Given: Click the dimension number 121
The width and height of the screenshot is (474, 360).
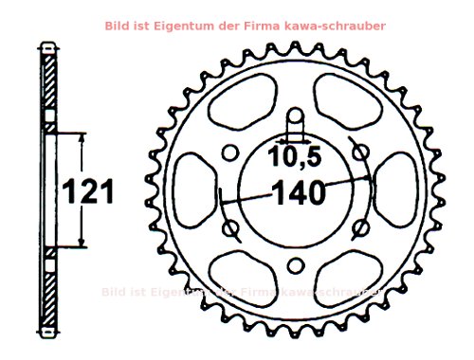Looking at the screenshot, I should pyautogui.click(x=88, y=191).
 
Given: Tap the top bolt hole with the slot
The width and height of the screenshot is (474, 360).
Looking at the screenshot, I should pyautogui.click(x=294, y=121).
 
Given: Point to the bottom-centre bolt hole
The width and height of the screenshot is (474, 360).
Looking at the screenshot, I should pyautogui.click(x=294, y=266).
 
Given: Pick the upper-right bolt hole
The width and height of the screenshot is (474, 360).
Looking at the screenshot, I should pyautogui.click(x=358, y=154).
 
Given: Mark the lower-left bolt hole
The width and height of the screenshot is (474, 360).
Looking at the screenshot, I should pyautogui.click(x=230, y=229).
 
